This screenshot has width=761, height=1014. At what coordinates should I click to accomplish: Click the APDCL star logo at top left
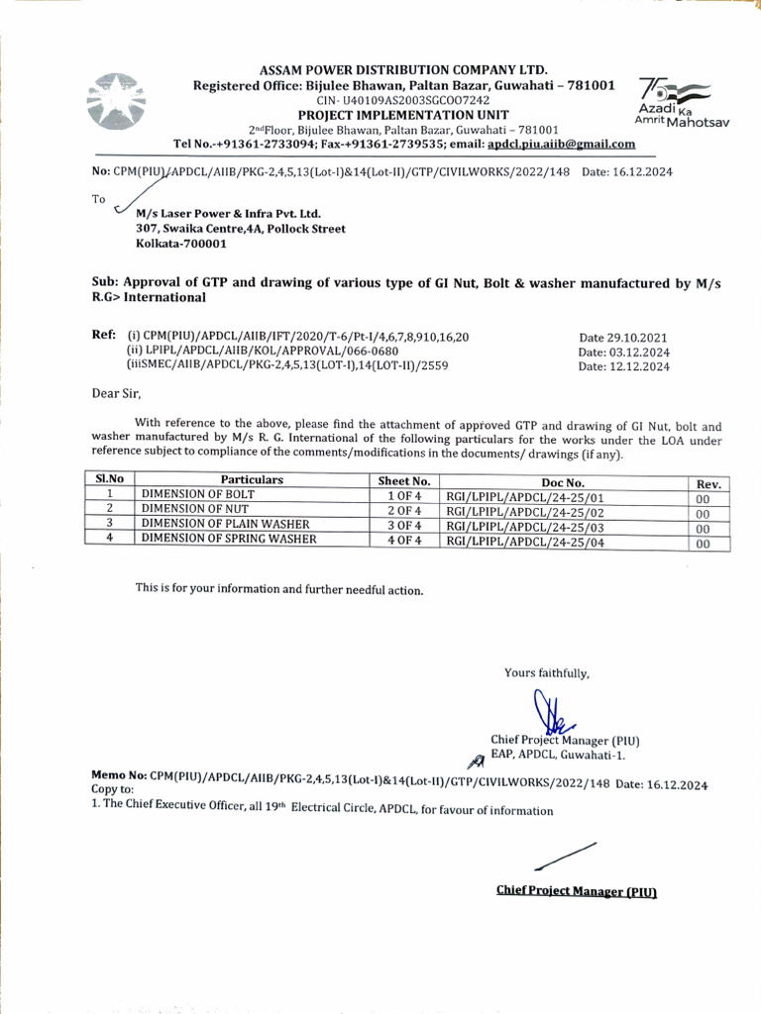(x=119, y=101)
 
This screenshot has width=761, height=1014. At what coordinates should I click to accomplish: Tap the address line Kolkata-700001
(x=181, y=244)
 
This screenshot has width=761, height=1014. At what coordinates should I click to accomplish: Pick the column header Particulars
(x=252, y=480)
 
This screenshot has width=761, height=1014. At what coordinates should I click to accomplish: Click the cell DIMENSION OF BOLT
(x=198, y=494)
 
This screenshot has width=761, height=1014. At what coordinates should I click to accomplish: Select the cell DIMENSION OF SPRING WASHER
(x=229, y=540)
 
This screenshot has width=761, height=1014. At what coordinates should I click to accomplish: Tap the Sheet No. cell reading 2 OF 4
(x=404, y=509)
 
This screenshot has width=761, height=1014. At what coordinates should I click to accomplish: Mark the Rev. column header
(x=713, y=483)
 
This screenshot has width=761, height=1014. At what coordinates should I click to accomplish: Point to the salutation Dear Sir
(x=118, y=392)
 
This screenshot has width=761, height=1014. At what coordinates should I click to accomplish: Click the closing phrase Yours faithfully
(x=546, y=673)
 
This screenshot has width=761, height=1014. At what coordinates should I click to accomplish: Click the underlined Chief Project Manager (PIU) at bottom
(x=577, y=890)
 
